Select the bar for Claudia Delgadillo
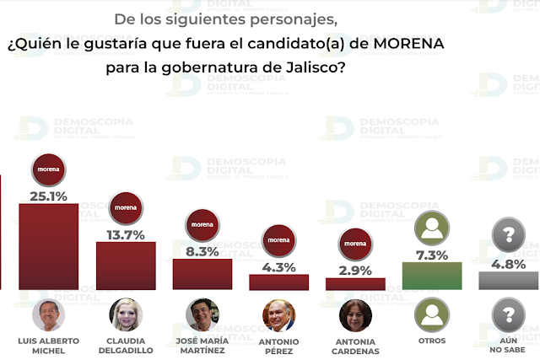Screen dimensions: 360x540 126,266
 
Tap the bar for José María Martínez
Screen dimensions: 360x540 202,274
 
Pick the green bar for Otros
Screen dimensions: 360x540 432,276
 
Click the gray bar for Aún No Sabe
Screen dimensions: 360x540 509,280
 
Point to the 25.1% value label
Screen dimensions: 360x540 48,196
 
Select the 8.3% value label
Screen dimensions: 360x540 202,250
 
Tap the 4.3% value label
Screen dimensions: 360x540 278,266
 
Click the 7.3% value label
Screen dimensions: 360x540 432,254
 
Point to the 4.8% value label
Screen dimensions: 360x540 509,263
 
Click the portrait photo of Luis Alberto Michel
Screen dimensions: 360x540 48,314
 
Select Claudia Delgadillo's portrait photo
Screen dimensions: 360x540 126,314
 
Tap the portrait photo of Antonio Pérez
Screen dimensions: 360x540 278,315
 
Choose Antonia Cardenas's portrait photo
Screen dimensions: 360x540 355,315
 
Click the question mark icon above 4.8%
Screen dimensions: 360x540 509,235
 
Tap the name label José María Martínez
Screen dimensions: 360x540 202,345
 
